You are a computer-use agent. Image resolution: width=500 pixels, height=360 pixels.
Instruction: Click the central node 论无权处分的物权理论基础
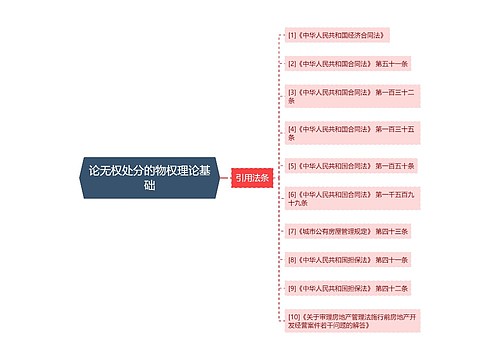149,178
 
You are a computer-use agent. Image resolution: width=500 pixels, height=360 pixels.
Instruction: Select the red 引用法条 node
251,178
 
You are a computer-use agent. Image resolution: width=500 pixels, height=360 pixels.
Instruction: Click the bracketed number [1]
292,35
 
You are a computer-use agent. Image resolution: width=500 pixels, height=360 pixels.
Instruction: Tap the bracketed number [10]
294,316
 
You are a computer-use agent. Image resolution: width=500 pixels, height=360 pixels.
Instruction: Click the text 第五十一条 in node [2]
392,63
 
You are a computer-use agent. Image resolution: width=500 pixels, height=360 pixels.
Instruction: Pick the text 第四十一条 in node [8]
392,259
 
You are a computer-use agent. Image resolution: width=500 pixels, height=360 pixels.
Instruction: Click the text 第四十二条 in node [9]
392,288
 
